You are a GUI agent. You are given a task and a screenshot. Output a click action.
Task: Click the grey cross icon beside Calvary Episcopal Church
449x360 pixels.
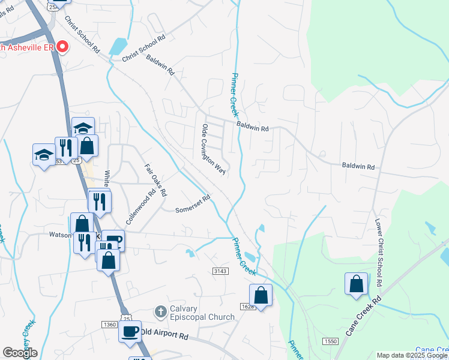[160, 312]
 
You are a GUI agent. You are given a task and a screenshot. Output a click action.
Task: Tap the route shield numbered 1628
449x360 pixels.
[249, 307]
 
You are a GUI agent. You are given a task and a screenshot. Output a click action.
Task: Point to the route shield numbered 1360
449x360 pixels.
[109, 325]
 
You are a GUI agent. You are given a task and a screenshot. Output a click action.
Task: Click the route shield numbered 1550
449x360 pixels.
[330, 341]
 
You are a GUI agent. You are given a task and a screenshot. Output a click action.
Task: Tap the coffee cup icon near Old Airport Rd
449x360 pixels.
[130, 331]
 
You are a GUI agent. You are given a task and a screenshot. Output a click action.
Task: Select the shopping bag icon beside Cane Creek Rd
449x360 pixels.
[356, 283]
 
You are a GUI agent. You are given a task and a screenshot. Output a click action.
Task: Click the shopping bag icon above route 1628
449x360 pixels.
[261, 295]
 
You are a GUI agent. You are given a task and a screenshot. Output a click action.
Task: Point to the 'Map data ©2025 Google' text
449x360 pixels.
[412, 355]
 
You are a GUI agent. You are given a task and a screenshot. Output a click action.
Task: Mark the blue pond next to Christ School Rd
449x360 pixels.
[119, 46]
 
